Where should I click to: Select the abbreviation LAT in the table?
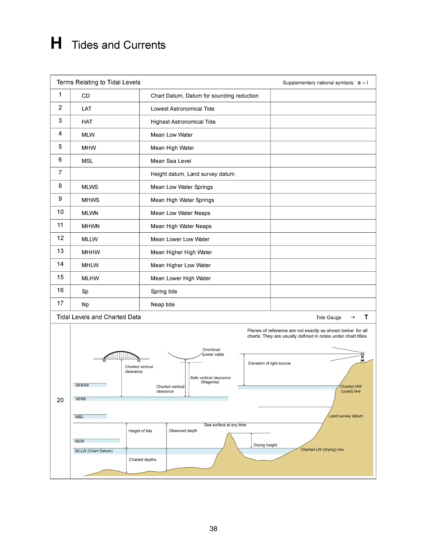[x=86, y=109]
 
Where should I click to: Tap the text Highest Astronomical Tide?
[x=183, y=122]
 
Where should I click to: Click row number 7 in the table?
[x=60, y=173]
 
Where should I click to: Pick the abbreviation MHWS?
[x=90, y=200]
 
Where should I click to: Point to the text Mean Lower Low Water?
[x=180, y=239]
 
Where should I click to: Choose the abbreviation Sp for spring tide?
[x=85, y=291]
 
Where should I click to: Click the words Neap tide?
[x=163, y=304]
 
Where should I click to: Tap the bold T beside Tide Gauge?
[x=366, y=317]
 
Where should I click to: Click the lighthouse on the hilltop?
[x=362, y=357]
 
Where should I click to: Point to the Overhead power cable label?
[x=213, y=352]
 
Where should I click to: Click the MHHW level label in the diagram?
[x=82, y=385]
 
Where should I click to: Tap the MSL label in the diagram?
[x=80, y=417]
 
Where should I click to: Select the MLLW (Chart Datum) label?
[x=94, y=451]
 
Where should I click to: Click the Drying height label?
[x=265, y=445]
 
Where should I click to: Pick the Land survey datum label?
[x=346, y=416]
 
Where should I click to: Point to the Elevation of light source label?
[x=269, y=363]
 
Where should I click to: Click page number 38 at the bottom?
[x=213, y=529]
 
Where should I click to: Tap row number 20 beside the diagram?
[x=60, y=400]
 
